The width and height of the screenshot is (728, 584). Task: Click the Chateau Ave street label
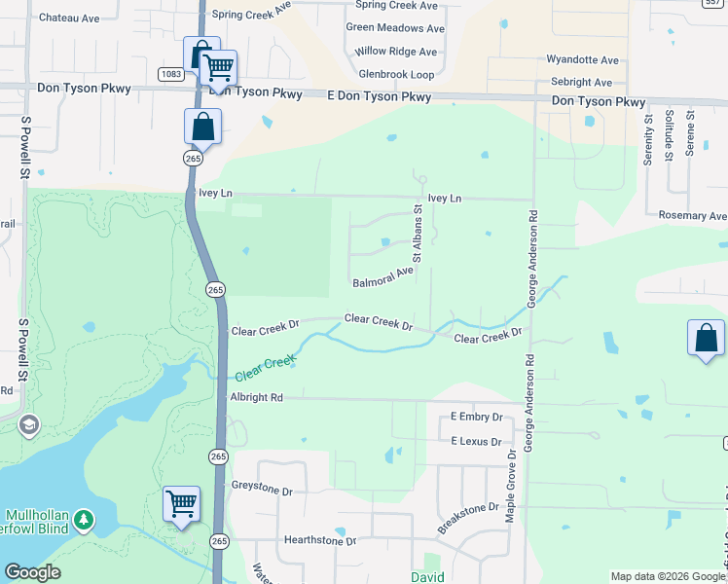tap(69, 18)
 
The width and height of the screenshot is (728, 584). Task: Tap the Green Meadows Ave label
tap(394, 27)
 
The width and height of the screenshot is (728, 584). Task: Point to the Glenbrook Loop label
tap(396, 74)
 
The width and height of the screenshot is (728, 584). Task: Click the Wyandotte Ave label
tap(583, 60)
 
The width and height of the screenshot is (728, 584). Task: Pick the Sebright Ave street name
tap(581, 83)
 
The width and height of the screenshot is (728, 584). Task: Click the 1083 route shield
tap(171, 74)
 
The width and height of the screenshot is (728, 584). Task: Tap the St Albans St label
tap(417, 233)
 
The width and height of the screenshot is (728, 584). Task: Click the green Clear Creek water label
tap(265, 368)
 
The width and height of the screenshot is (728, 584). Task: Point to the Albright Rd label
tap(256, 397)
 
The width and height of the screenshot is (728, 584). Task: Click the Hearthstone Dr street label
tap(319, 540)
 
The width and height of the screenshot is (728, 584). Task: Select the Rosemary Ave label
tap(692, 215)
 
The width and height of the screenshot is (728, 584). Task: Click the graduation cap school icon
tap(29, 424)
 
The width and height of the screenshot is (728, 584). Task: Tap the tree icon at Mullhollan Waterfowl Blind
tap(86, 522)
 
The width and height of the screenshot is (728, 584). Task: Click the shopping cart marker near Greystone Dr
tap(181, 503)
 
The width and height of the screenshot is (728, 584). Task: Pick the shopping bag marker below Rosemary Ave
tap(706, 338)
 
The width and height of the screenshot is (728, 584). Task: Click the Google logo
tap(33, 572)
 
